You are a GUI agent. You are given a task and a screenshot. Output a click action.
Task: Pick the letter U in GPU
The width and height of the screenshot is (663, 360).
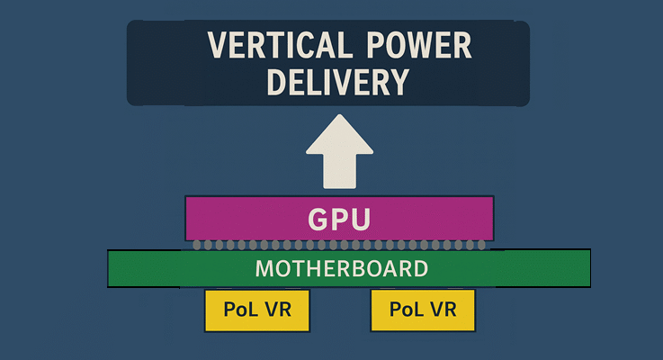point(360,219)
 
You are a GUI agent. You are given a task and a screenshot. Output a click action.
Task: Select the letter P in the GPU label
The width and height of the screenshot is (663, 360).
point(339,219)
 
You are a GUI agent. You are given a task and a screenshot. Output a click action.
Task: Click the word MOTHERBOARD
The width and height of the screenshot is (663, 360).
point(342,268)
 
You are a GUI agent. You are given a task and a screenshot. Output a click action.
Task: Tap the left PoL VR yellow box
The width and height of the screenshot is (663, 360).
point(256,310)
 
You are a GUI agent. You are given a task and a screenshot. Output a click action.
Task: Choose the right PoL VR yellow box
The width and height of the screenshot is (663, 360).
point(422,310)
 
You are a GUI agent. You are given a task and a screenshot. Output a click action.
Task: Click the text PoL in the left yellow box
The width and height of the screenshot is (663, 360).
point(241,310)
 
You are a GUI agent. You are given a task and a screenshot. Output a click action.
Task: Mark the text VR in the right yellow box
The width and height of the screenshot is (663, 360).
point(441,310)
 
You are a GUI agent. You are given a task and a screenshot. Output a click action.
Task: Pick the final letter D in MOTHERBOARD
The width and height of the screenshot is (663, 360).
point(420,268)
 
